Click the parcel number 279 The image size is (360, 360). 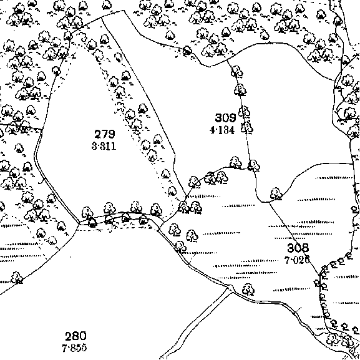pyautogui.click(x=104, y=134)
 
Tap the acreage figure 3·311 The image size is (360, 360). pyautogui.click(x=104, y=146)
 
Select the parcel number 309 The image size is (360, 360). pyautogui.click(x=225, y=118)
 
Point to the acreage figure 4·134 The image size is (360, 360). pyautogui.click(x=222, y=130)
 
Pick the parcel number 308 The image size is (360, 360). pyautogui.click(x=298, y=248)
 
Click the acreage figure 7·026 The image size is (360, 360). pyautogui.click(x=297, y=260)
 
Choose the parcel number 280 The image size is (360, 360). pyautogui.click(x=75, y=336)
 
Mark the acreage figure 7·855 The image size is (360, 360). pyautogui.click(x=74, y=348)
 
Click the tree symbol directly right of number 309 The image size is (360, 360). pyautogui.click(x=244, y=112)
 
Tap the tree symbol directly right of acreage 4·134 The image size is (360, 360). pyautogui.click(x=247, y=128)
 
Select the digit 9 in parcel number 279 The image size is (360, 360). pyautogui.click(x=111, y=134)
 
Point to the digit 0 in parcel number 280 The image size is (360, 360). pyautogui.click(x=83, y=336)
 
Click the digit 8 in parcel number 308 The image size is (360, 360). pyautogui.click(x=306, y=248)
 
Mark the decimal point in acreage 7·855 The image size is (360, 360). pyautogui.click(x=67, y=348)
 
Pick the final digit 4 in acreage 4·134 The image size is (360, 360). pyautogui.click(x=231, y=130)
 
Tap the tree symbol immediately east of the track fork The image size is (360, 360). pyautogui.click(x=248, y=289)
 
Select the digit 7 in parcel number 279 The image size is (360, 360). pyautogui.click(x=104, y=134)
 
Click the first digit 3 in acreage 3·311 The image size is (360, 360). pyautogui.click(x=94, y=146)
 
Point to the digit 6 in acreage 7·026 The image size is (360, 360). pyautogui.click(x=307, y=260)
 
